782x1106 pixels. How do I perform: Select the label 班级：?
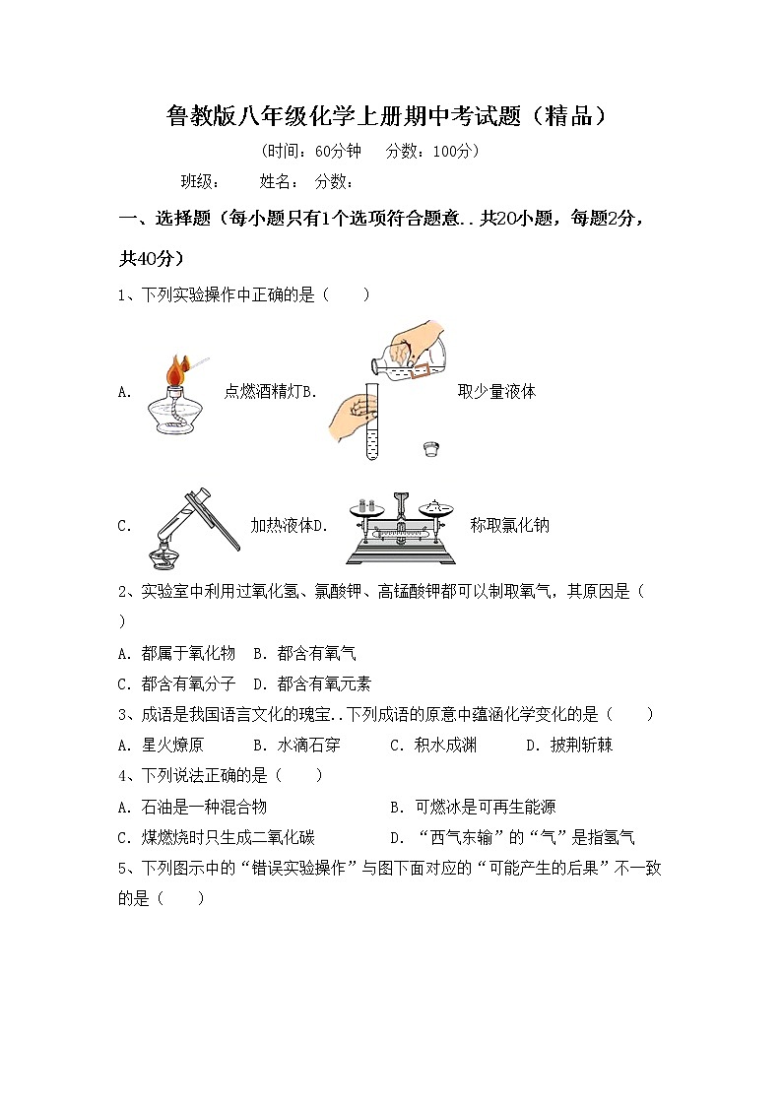200,181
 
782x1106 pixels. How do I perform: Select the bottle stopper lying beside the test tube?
429,448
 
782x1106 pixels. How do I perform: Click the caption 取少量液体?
496,391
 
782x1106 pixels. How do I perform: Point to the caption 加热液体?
280,525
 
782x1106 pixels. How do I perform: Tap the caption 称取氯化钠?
509,525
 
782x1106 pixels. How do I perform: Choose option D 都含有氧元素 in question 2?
312,683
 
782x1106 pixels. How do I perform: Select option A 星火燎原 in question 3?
162,745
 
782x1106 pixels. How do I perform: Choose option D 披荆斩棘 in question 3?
569,745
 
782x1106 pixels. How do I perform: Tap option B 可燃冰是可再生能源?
473,807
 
